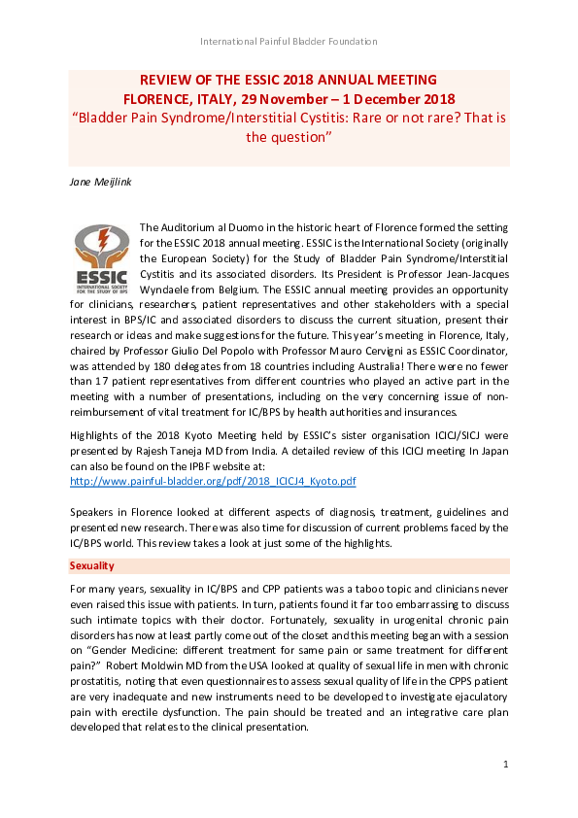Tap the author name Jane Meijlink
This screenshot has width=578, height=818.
click(98, 182)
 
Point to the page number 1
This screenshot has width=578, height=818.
click(506, 766)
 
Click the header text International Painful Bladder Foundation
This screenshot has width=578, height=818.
click(289, 41)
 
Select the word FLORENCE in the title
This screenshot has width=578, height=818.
click(156, 99)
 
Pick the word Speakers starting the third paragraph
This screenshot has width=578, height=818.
click(90, 511)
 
